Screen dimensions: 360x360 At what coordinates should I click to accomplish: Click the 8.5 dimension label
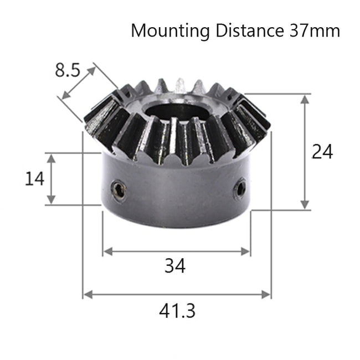[68, 70]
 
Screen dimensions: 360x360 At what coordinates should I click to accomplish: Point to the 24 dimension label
[322, 151]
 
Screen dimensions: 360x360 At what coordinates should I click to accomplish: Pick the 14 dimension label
[34, 179]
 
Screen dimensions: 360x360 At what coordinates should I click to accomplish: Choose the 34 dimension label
[175, 266]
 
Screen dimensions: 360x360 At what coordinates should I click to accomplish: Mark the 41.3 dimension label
[177, 311]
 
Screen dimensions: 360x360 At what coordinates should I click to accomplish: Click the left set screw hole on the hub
[119, 191]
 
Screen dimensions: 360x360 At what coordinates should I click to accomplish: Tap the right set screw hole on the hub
[240, 189]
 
